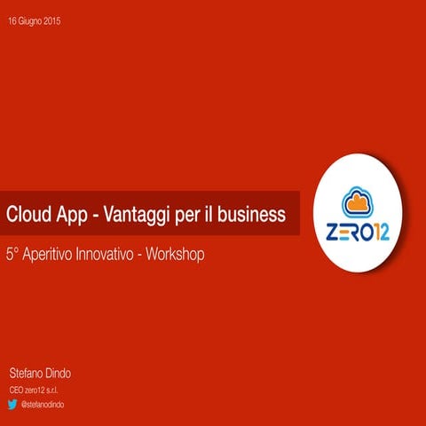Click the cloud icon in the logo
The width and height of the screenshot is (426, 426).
(x=358, y=201)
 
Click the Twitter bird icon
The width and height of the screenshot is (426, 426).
(x=12, y=404)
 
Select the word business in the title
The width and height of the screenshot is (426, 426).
(x=252, y=214)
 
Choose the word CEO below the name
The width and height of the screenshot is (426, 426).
(x=16, y=390)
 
